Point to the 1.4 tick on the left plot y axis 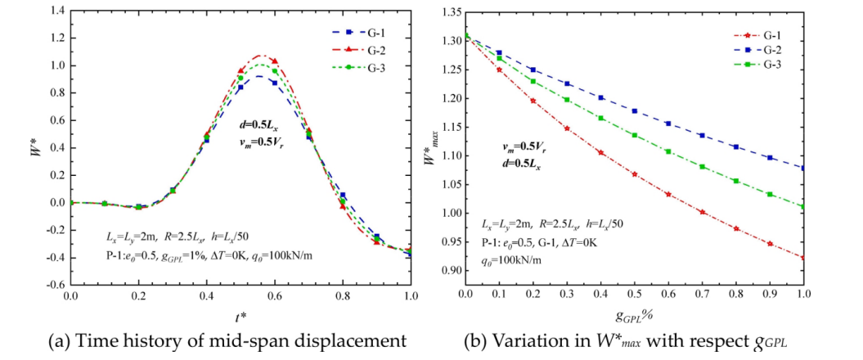click(57, 11)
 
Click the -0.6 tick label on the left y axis click(55, 285)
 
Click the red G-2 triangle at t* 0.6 click(275, 61)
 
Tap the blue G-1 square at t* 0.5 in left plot click(240, 87)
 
